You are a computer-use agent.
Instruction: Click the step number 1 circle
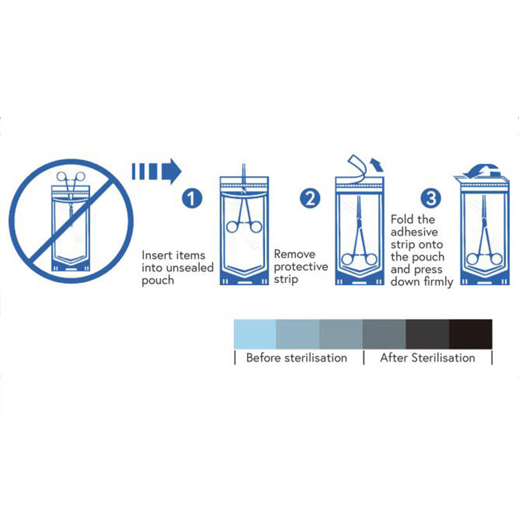click(x=192, y=199)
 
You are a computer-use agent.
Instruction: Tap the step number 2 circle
click(x=310, y=199)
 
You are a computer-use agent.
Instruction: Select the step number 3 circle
click(x=431, y=199)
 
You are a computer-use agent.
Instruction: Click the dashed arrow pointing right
click(x=156, y=172)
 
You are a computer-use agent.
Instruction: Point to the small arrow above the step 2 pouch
click(x=376, y=165)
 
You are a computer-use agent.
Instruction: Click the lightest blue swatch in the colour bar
click(x=255, y=334)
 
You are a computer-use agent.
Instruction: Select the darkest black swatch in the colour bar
click(x=471, y=334)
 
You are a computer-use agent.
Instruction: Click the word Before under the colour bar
click(x=264, y=358)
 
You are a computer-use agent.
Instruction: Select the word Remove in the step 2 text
click(x=295, y=254)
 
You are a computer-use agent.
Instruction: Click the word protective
click(x=301, y=267)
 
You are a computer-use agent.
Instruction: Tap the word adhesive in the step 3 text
click(x=414, y=232)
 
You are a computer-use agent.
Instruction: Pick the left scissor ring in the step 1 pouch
click(x=233, y=227)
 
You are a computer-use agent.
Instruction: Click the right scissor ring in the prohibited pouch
click(x=80, y=176)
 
